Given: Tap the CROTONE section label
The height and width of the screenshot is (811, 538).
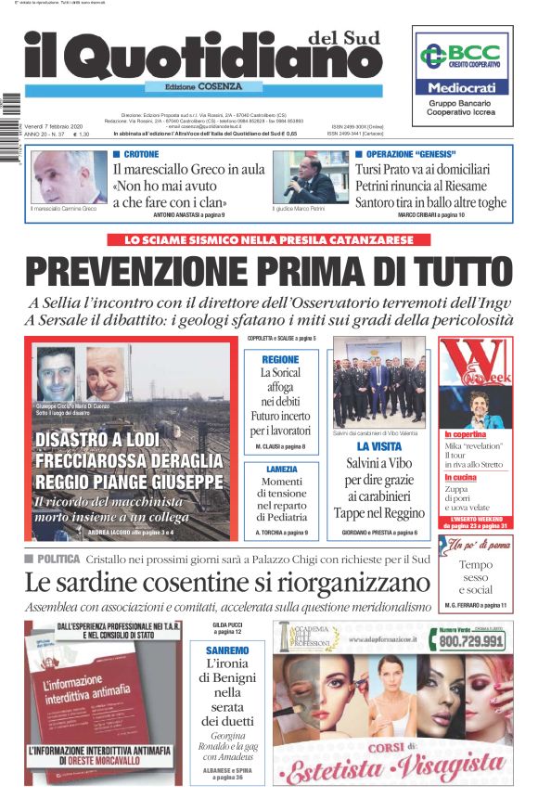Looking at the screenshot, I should point(140,153).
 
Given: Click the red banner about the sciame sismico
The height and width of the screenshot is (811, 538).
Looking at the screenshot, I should point(268,239).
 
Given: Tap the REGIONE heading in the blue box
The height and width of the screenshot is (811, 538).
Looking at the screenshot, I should point(280,359).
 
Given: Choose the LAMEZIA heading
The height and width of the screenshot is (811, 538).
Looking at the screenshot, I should point(280,470).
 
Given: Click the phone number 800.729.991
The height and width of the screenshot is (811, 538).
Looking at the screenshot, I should point(471,640).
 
